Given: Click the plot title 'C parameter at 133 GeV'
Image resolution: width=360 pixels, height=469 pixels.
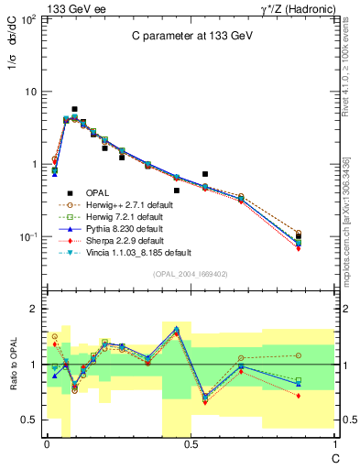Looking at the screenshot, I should (191, 36).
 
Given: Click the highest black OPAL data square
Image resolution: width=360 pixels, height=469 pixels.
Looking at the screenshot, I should (74, 109).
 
